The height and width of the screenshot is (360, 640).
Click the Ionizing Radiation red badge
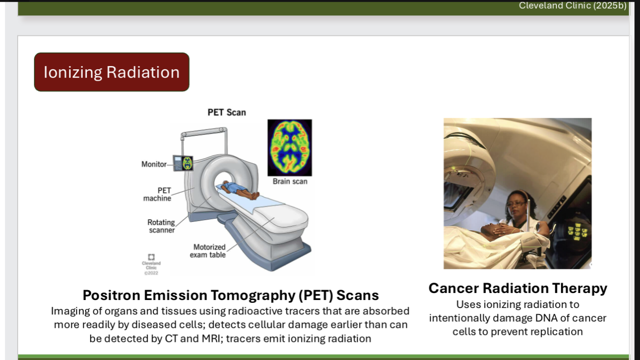(112, 72)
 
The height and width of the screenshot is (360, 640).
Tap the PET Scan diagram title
(227, 112)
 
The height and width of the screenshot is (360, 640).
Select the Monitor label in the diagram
(154, 164)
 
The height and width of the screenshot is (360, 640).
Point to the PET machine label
(158, 194)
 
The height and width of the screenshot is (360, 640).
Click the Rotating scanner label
(161, 226)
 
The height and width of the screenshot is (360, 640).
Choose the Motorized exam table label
(208, 251)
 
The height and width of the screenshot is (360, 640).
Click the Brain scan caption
(290, 181)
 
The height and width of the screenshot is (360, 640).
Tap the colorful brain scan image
(290, 147)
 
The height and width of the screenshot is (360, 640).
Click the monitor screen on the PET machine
(187, 163)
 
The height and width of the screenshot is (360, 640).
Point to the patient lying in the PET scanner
(238, 190)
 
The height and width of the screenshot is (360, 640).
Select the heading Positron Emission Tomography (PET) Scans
(231, 295)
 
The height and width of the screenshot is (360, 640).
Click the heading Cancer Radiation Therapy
(518, 288)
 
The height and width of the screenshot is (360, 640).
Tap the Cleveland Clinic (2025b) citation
(573, 6)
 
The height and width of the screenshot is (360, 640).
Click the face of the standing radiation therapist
(517, 203)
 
